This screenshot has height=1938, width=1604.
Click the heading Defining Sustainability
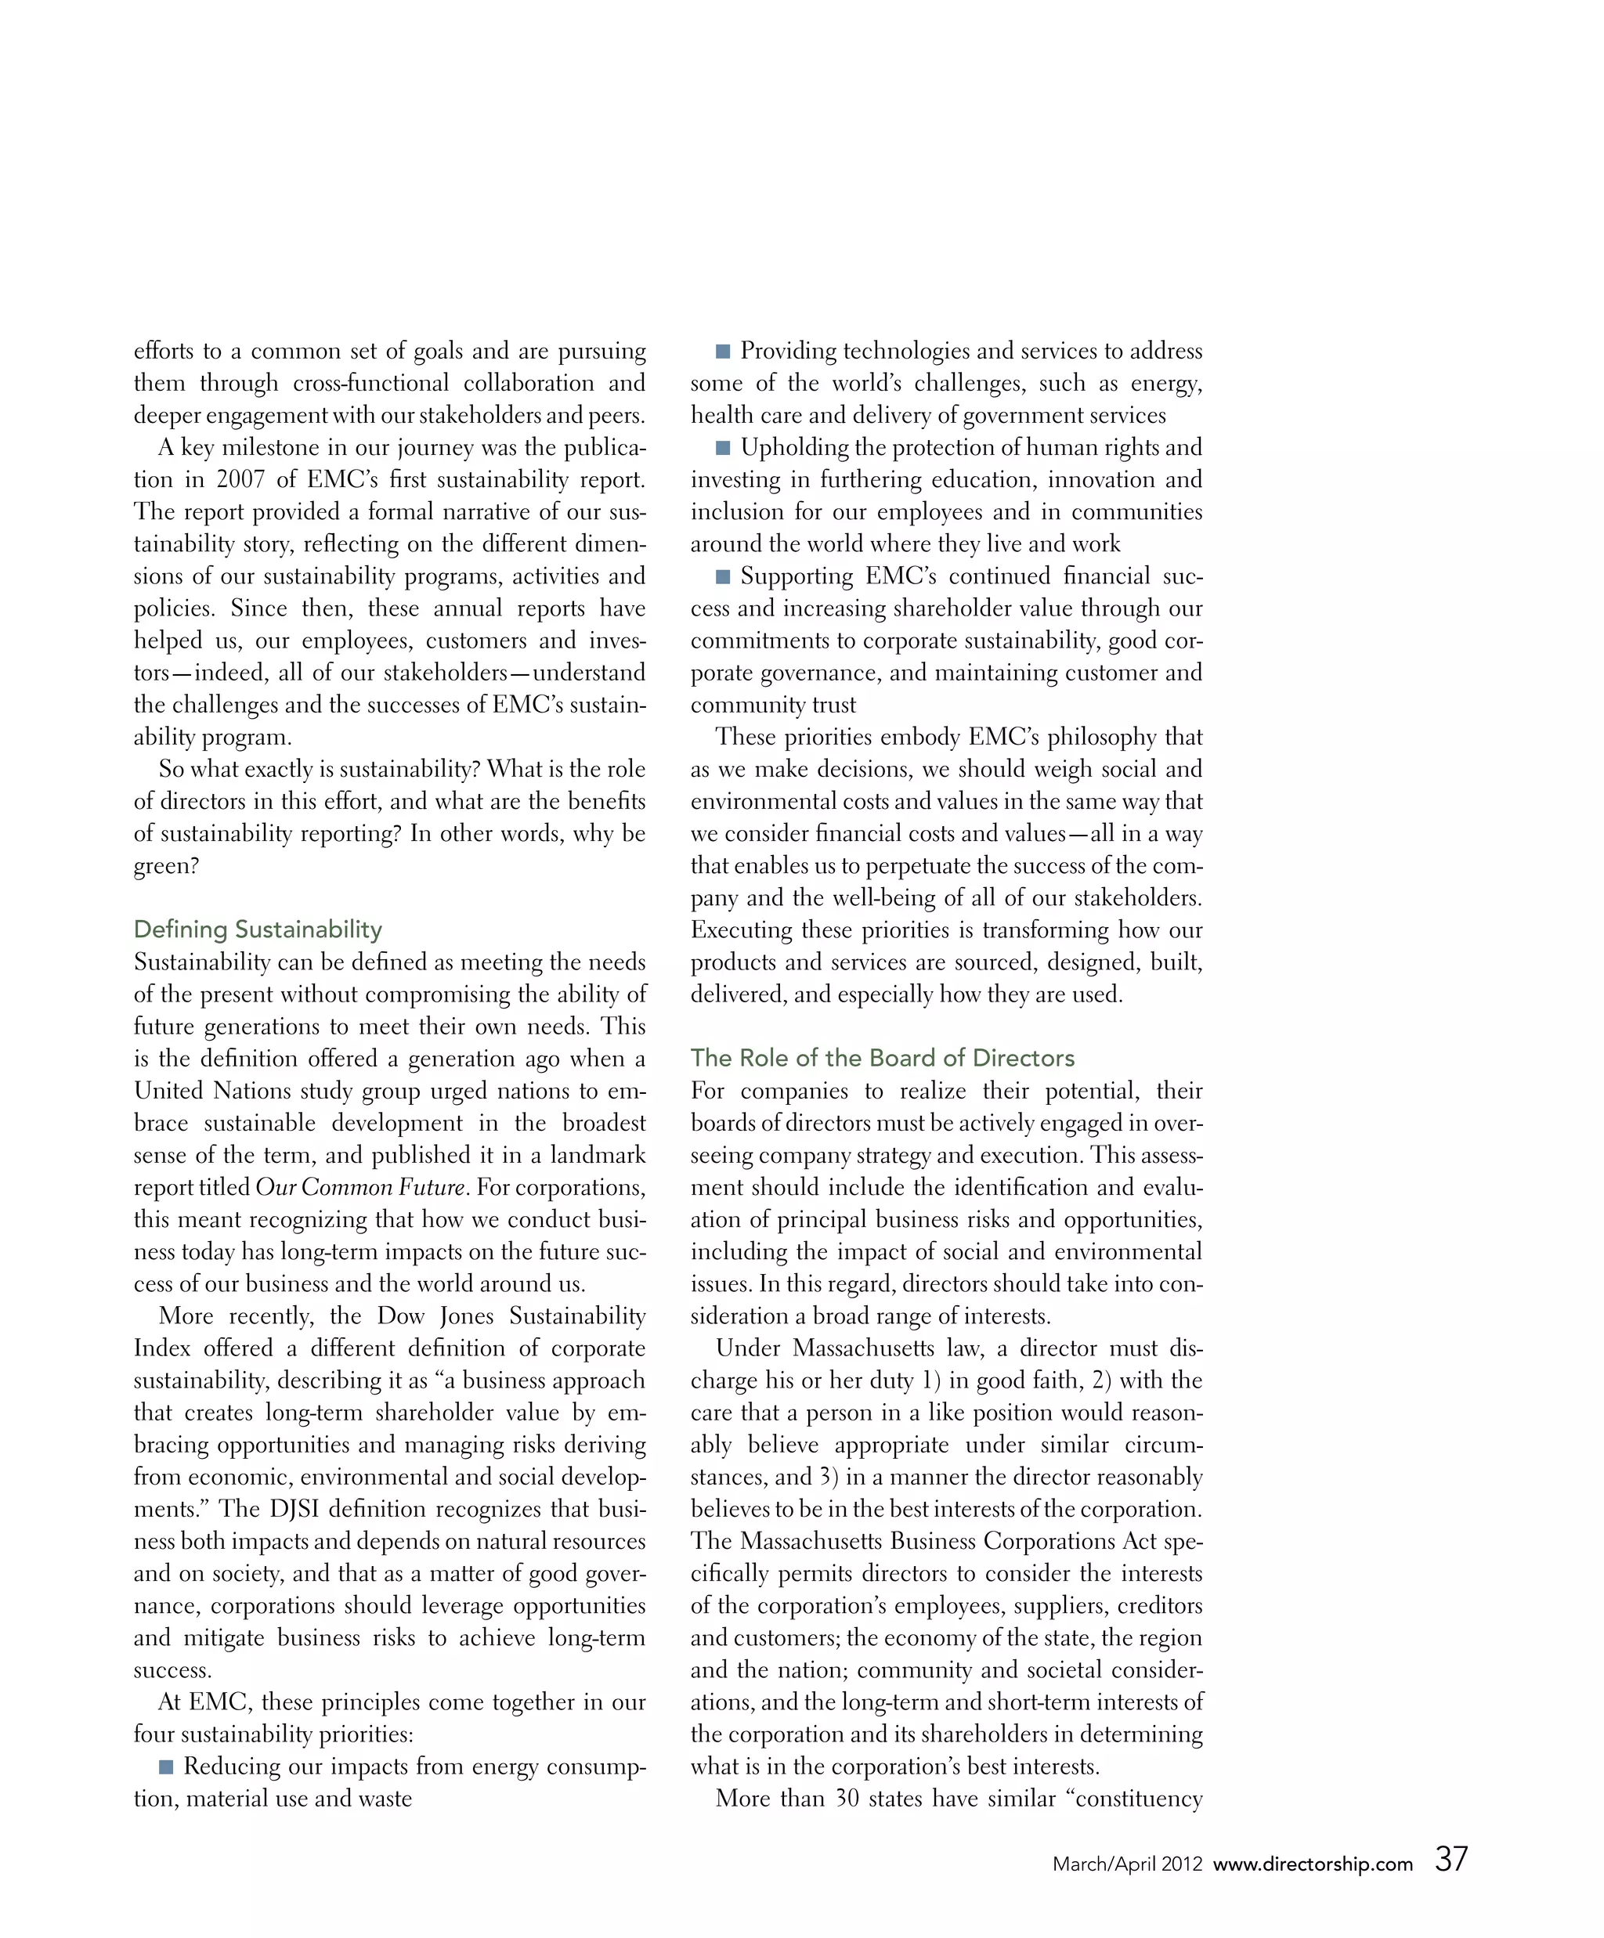pos(258,929)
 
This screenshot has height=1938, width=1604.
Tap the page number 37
pos(1450,1859)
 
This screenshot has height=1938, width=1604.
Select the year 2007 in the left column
pos(240,480)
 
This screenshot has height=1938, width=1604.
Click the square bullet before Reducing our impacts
pos(166,1767)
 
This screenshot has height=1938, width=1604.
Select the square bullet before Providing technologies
pos(723,352)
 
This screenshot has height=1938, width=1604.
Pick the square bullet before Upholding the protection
pos(723,449)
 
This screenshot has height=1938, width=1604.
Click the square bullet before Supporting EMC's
pos(723,577)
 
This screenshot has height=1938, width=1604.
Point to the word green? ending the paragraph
pos(166,867)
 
